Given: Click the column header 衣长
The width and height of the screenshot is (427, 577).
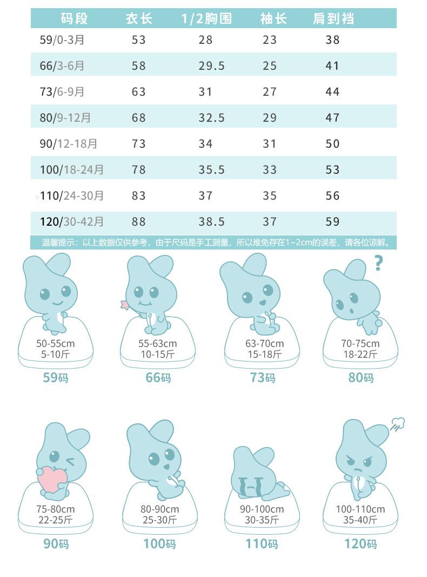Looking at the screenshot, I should pos(139,19).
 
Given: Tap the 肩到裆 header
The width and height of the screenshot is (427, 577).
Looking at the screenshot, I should pos(333,19).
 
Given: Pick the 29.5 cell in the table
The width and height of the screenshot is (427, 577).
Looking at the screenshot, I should pos(211,65).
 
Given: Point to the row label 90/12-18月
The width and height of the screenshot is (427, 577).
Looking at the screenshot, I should pos(69,143).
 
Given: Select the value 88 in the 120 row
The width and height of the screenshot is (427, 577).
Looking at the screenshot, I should pos(139,221).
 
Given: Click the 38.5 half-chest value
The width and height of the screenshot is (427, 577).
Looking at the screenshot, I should pos(211,221).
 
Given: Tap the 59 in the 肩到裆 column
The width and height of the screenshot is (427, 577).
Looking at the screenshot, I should pos(333,221).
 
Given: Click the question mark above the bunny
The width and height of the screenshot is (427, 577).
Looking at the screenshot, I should pos(378,263).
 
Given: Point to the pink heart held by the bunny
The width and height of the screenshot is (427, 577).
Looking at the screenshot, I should pos(52,478).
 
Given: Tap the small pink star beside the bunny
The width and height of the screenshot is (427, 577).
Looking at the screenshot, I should pos(125,305).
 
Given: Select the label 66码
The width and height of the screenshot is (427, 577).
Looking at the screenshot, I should pos(158,377).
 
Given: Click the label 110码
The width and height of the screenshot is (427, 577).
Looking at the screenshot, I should pos(262,543).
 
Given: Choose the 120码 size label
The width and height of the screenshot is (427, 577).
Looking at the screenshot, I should pos(361,543).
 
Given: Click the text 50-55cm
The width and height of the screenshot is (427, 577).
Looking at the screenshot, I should pos(56,343).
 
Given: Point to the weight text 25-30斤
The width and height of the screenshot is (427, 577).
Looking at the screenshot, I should pos(159,520).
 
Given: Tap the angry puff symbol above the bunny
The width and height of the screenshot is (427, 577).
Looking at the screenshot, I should pos(397,424).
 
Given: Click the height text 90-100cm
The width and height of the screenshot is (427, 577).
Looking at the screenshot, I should pos(262,509).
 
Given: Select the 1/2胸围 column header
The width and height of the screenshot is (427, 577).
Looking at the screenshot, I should pos(206,19).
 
